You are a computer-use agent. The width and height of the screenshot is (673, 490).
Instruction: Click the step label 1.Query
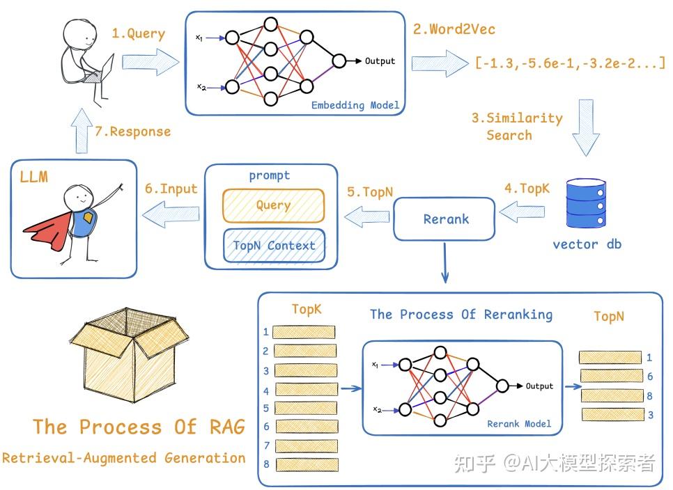click(x=139, y=34)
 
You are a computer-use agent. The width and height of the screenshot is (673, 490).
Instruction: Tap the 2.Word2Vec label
click(x=454, y=30)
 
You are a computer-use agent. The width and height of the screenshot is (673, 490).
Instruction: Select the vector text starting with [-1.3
click(x=570, y=63)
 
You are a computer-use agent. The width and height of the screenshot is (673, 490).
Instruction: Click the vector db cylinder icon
click(x=586, y=203)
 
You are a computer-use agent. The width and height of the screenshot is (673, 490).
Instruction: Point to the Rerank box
click(x=446, y=219)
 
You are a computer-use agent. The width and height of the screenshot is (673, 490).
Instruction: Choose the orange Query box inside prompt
click(x=273, y=205)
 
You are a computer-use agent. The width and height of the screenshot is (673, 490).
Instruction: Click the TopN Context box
click(x=274, y=245)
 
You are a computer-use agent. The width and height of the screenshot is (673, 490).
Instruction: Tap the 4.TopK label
click(x=527, y=189)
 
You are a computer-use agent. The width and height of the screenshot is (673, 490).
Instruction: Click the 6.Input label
click(x=171, y=189)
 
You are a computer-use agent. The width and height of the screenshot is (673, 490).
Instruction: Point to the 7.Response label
click(x=140, y=131)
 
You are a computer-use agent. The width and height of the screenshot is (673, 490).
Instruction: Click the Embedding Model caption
click(x=355, y=105)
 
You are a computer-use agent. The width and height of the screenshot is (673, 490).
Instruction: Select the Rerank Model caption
click(x=519, y=423)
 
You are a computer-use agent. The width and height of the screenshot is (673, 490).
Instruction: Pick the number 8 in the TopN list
click(x=649, y=395)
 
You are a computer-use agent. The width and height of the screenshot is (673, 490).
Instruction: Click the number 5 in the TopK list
click(x=266, y=408)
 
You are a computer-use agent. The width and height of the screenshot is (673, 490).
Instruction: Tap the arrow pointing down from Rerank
click(x=445, y=264)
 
